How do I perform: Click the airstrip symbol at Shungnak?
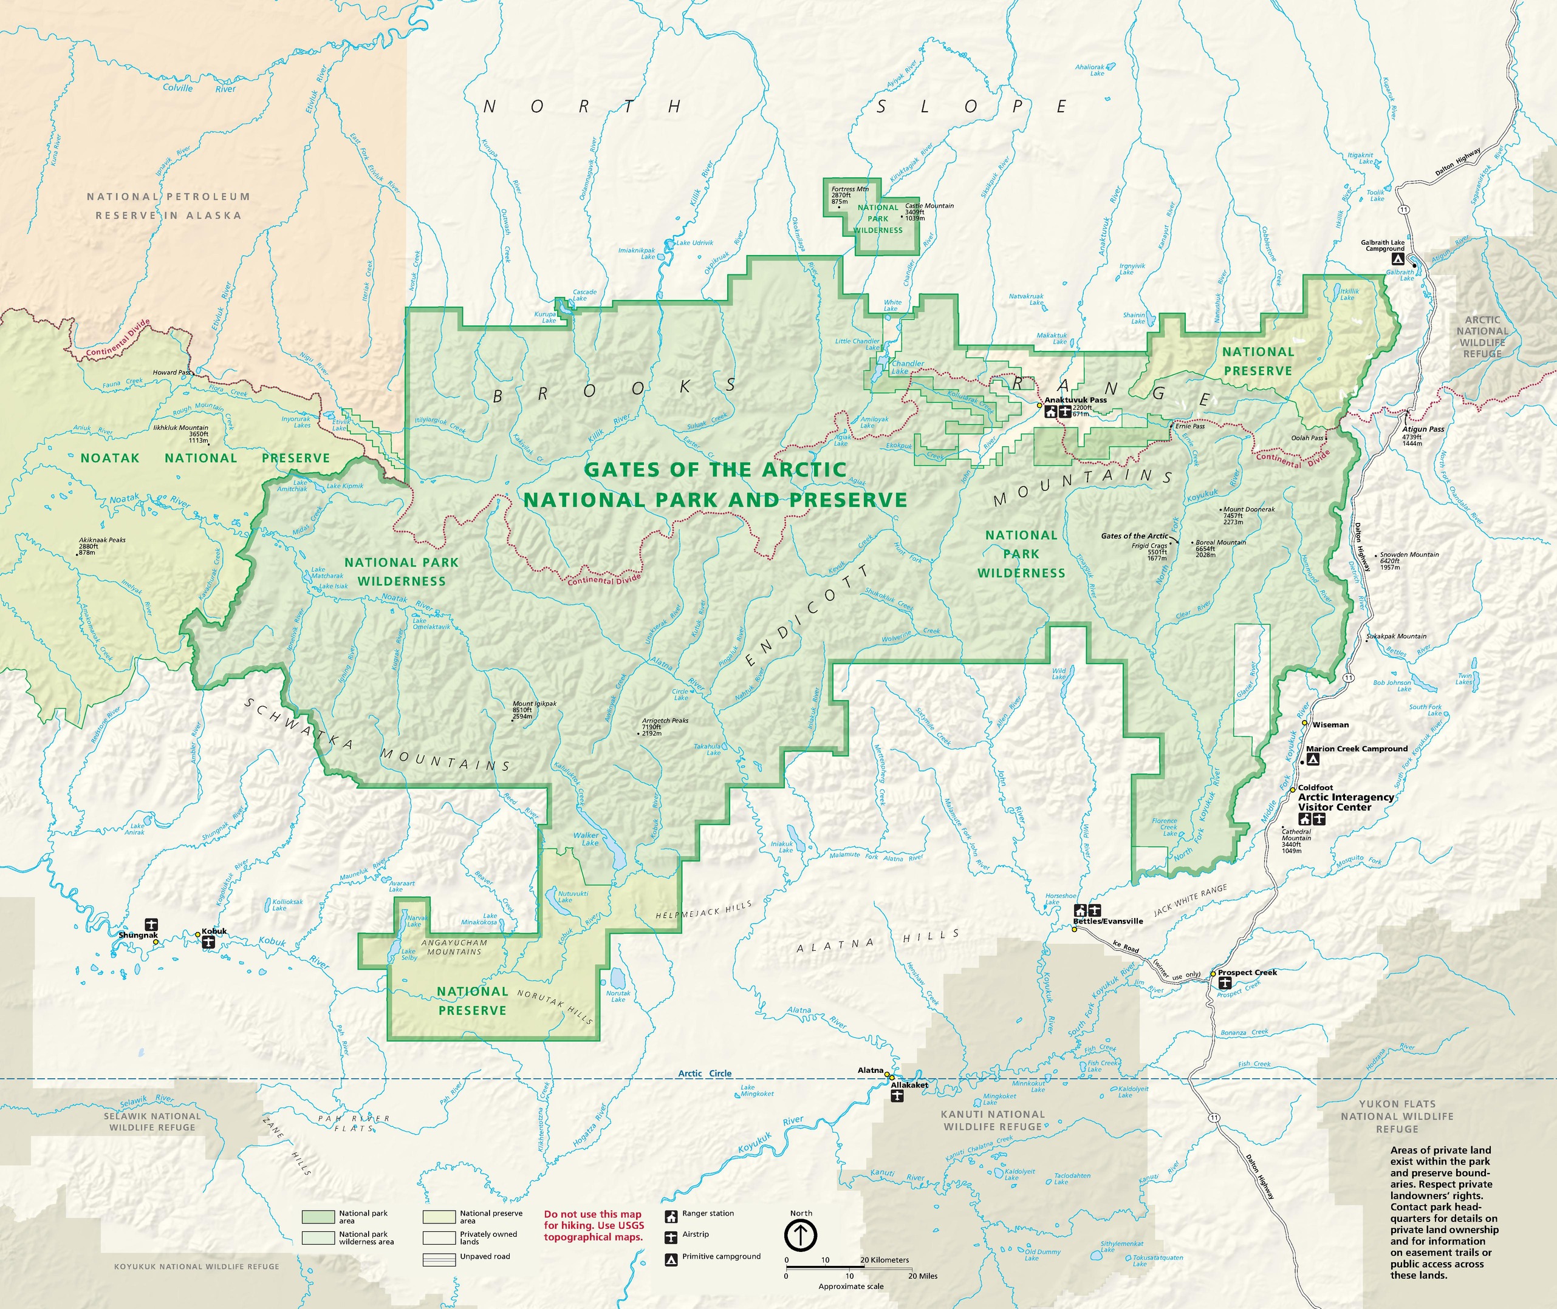(151, 924)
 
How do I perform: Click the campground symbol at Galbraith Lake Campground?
(1397, 259)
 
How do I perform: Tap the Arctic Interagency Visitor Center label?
(1346, 802)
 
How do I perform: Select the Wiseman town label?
(1330, 724)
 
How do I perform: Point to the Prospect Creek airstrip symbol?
(1224, 982)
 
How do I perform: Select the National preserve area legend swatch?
(438, 1217)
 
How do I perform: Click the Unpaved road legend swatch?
(438, 1259)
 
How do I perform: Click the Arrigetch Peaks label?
(665, 721)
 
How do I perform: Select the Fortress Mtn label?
(849, 189)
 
